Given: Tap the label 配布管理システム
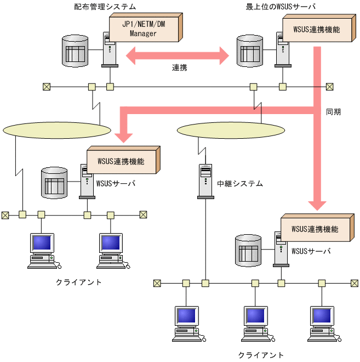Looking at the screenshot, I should click(105, 7).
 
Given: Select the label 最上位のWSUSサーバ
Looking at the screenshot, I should click(281, 7).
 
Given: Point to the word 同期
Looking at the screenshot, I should click(333, 112).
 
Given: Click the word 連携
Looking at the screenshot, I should click(180, 68).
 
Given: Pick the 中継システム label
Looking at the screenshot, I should click(240, 184).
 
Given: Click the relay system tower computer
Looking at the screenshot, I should click(205, 181).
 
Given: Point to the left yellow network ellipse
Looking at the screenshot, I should click(56, 130).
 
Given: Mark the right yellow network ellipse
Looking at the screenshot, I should click(218, 130).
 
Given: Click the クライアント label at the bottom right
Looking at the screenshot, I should click(261, 355).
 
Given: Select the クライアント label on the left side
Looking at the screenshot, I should click(79, 282).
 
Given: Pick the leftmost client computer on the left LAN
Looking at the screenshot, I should click(43, 250).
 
